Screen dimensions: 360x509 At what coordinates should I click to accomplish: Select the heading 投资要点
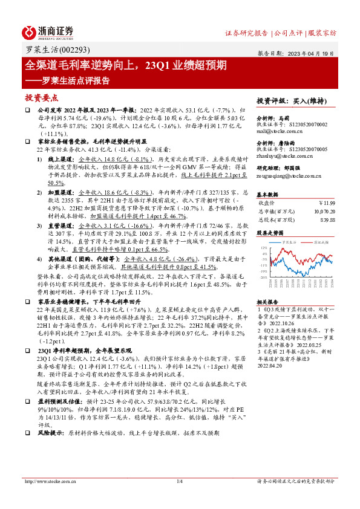pos(41,97)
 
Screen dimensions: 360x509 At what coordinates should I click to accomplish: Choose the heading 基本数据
pos(267,195)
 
